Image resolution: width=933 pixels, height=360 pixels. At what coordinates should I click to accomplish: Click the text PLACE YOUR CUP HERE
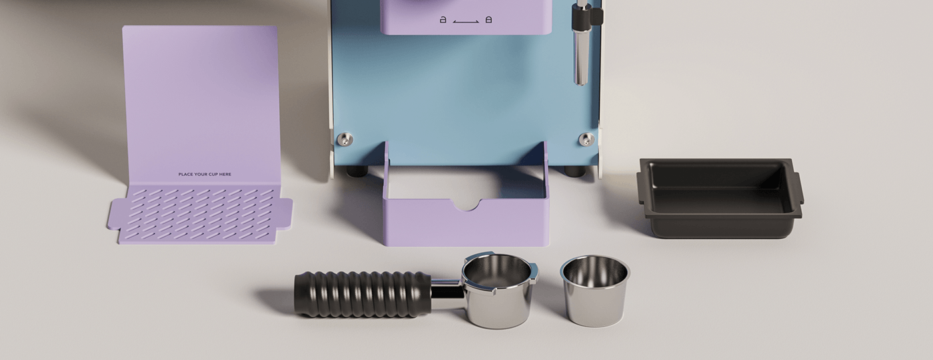(x=205, y=175)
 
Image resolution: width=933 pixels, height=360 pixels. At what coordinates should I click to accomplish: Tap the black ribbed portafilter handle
(x=363, y=293)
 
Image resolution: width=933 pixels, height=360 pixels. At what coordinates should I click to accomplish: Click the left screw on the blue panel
(x=344, y=139)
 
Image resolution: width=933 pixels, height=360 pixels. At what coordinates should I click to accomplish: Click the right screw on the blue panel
(x=586, y=139)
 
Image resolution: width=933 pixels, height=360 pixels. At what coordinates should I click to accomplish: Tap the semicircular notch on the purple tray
(x=467, y=203)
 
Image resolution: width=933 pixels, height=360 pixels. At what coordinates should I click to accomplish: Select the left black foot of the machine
(x=357, y=171)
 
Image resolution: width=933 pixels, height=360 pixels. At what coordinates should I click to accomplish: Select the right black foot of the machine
(x=574, y=171)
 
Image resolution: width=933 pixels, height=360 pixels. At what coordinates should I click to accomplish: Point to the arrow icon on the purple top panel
(x=466, y=22)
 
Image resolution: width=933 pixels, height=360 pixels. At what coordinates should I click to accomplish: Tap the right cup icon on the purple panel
(x=488, y=20)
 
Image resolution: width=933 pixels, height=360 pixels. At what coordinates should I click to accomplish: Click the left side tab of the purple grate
(x=114, y=214)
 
